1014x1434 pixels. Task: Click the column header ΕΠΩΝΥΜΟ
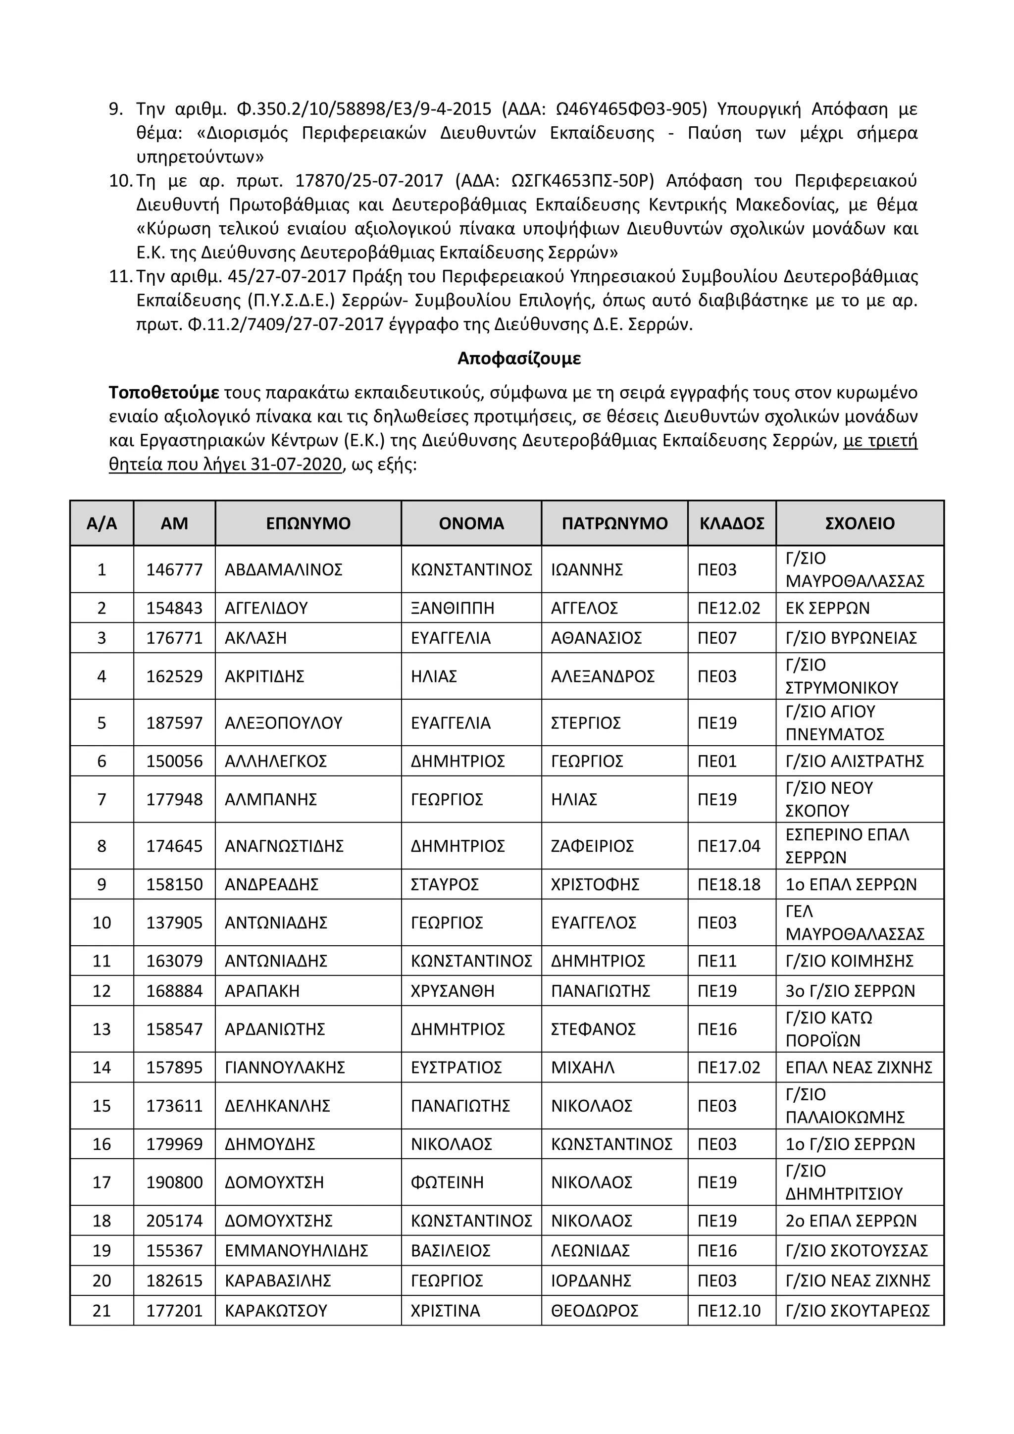308,523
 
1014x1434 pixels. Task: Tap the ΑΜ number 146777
174,569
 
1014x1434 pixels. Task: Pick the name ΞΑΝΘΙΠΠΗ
452,608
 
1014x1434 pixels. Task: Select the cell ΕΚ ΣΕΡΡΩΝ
827,608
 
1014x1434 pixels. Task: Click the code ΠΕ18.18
729,884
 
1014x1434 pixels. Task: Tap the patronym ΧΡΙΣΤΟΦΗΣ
595,884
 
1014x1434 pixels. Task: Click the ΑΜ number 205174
174,1221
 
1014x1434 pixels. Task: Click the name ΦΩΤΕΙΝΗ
447,1182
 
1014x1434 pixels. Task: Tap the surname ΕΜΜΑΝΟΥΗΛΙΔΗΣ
296,1250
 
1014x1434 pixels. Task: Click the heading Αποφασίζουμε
519,358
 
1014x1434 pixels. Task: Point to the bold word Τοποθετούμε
163,393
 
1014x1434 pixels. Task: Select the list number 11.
120,276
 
